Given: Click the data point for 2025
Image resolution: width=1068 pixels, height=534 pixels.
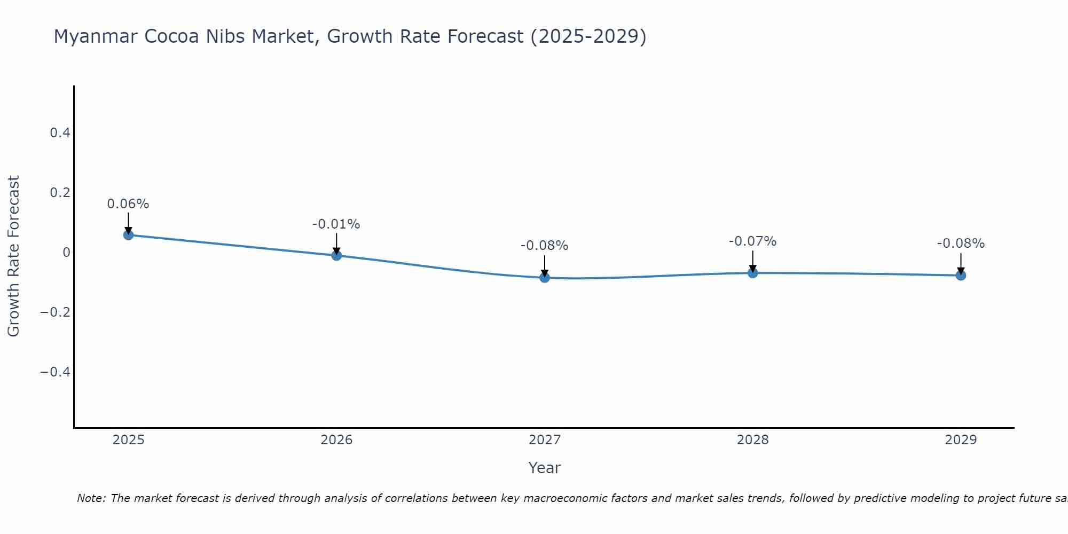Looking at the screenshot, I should click(x=128, y=234).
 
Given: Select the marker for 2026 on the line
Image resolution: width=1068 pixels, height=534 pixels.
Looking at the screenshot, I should click(x=336, y=255).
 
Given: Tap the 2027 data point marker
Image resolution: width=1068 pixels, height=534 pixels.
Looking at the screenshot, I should click(x=545, y=277).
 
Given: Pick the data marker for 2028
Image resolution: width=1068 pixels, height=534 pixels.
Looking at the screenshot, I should click(x=752, y=273).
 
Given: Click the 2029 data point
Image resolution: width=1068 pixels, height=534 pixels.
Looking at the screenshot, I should click(x=961, y=276).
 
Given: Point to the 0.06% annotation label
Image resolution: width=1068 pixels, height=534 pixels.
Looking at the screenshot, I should click(x=128, y=204).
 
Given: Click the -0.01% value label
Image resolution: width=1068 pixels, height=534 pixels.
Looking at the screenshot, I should click(x=336, y=224).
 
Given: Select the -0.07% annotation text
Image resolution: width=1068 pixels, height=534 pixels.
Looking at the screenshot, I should click(x=752, y=241).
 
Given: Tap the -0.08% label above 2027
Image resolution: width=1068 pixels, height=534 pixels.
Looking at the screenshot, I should click(x=544, y=246).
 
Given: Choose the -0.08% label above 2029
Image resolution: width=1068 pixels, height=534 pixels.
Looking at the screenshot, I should click(x=961, y=244).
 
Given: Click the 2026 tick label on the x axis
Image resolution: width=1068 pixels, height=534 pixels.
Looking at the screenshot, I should click(x=336, y=440).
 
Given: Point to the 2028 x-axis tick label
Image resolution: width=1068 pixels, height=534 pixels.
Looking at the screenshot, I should click(x=752, y=440).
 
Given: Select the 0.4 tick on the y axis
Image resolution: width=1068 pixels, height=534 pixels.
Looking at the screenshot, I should click(x=60, y=132).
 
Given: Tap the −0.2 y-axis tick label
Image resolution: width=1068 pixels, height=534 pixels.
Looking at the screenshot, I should click(x=56, y=312).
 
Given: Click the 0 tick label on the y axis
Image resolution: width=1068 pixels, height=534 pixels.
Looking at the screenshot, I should click(x=66, y=252).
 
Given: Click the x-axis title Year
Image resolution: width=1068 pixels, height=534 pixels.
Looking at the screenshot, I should click(x=544, y=468).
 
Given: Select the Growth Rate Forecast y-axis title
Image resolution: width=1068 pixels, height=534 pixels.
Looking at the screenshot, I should click(x=13, y=256).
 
